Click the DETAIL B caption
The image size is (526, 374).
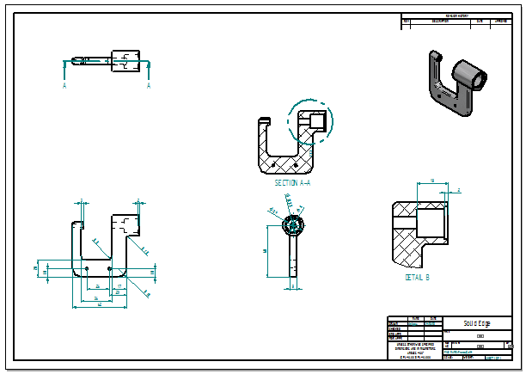(x=417, y=278)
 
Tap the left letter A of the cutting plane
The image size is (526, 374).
(x=64, y=86)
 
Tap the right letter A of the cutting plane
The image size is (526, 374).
(x=149, y=86)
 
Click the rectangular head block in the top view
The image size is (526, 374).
(x=126, y=61)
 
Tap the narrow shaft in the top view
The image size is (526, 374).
(x=97, y=61)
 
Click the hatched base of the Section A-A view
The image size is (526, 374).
(x=284, y=163)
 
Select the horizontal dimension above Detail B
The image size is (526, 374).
(x=431, y=181)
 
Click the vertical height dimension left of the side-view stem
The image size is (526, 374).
(x=266, y=250)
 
